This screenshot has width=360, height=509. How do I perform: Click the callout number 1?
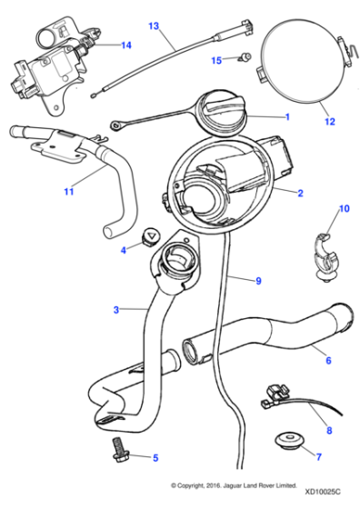(x=287, y=116)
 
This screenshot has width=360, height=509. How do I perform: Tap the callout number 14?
(x=125, y=44)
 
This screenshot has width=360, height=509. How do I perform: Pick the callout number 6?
(x=326, y=360)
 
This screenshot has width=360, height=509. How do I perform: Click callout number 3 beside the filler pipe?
(x=115, y=310)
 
